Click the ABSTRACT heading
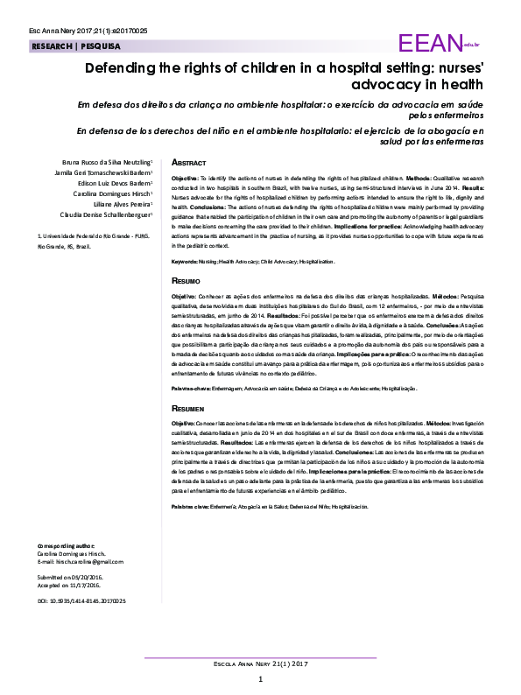(x=188, y=163)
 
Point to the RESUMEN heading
(x=188, y=409)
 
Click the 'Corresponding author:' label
(x=61, y=545)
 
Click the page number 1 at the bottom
(x=260, y=680)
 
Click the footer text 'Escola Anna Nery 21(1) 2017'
(x=260, y=664)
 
